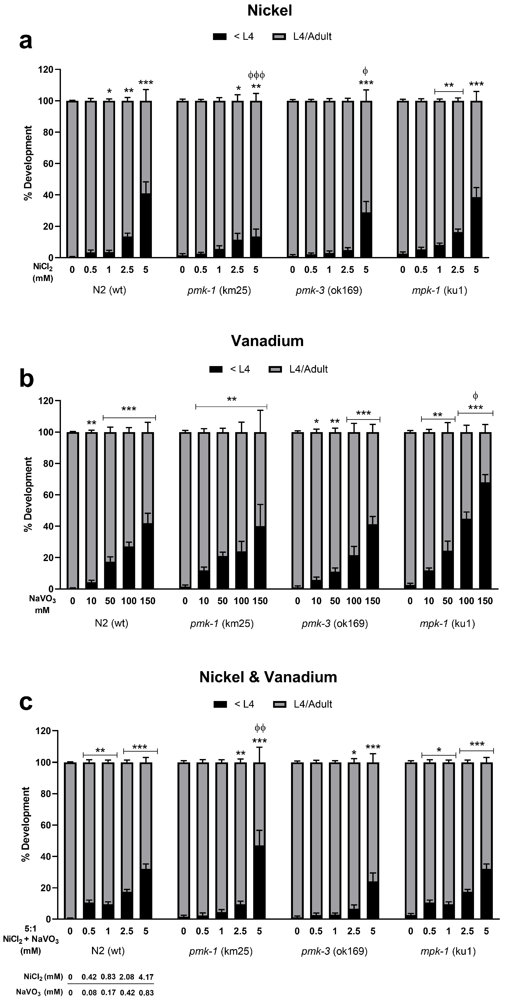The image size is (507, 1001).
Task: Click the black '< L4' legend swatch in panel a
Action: pos(220,37)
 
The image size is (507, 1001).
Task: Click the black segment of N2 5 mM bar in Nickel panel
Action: pos(146,225)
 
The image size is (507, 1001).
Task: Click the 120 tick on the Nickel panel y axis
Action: pos(45,70)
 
